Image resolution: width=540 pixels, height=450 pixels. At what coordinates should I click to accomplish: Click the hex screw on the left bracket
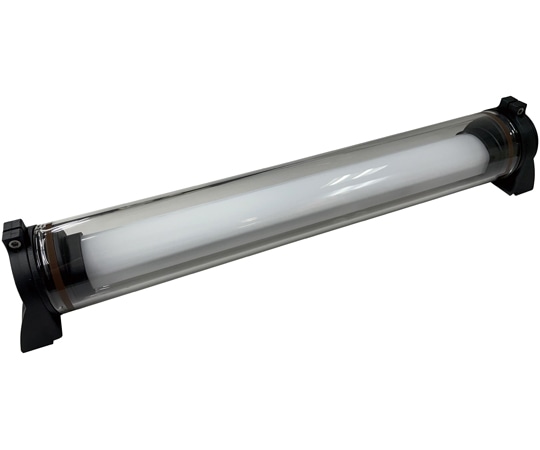click(x=14, y=240)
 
